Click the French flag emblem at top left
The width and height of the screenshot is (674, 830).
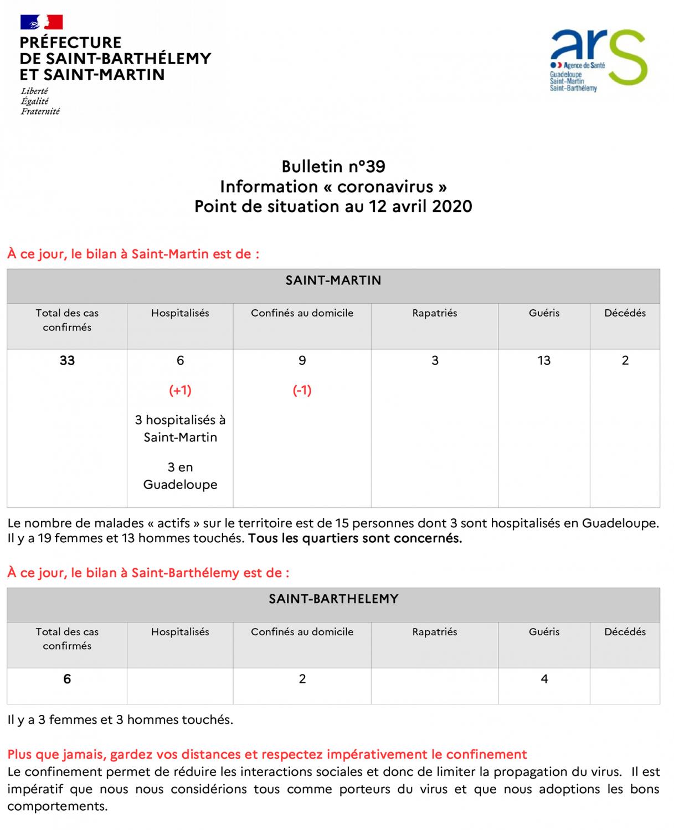tap(42, 22)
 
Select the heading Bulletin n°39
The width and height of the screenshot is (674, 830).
tap(333, 167)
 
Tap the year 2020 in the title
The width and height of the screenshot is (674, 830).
tap(452, 206)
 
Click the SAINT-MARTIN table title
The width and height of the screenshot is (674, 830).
tap(333, 281)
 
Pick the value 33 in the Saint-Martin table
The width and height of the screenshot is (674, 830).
tap(67, 361)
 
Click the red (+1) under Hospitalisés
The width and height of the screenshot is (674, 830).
tap(180, 391)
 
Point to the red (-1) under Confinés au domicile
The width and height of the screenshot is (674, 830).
tap(302, 391)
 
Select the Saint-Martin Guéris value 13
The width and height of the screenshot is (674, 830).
tap(544, 361)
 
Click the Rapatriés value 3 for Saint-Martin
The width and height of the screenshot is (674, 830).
tap(435, 361)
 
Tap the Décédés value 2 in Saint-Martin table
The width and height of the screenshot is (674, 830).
tap(625, 361)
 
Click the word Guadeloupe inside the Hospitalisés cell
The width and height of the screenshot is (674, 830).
tap(180, 485)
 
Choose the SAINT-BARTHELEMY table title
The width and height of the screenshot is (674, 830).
tap(333, 599)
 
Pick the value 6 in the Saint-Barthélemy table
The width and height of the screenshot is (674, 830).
tap(67, 679)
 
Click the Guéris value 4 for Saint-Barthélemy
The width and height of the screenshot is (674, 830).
tap(544, 679)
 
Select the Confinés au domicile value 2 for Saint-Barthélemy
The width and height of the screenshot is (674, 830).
tap(302, 679)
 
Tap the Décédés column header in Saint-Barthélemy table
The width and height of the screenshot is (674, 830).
tap(625, 632)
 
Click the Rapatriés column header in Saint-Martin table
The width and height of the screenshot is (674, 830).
tap(435, 313)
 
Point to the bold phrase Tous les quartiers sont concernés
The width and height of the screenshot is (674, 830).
tap(354, 538)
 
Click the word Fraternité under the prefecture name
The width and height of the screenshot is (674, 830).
tap(40, 111)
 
